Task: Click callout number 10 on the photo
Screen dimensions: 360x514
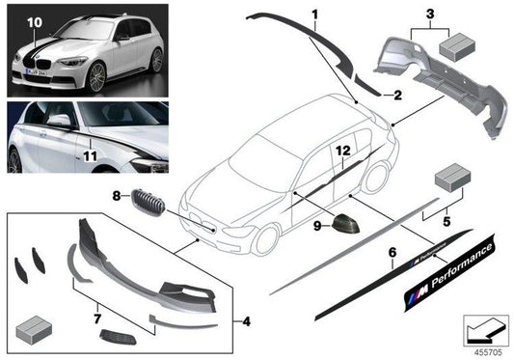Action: tap(34, 20)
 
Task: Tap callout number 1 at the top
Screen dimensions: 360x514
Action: tap(313, 14)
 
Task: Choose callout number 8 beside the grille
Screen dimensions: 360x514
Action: tap(117, 197)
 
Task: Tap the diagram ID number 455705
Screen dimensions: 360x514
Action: tap(485, 351)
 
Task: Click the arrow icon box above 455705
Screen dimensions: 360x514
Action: tap(484, 330)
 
